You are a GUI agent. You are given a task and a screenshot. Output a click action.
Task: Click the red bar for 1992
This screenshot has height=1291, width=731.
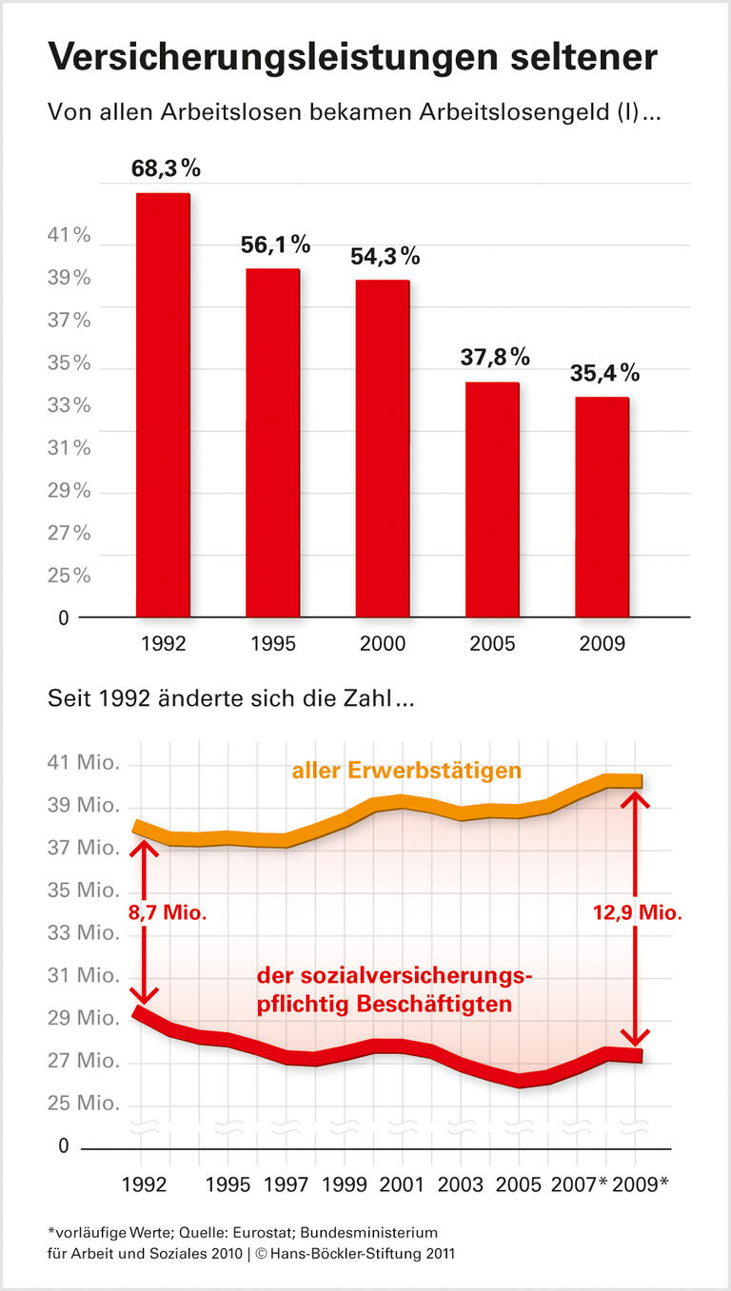tap(163, 405)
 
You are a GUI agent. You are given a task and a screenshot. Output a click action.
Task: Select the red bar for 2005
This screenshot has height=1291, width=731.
tap(492, 499)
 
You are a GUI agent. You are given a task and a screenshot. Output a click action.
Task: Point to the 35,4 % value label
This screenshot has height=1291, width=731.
tap(604, 373)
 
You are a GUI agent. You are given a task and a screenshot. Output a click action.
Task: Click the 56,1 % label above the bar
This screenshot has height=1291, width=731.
tap(275, 245)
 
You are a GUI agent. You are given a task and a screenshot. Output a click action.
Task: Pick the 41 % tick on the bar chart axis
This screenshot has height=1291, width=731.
tap(69, 236)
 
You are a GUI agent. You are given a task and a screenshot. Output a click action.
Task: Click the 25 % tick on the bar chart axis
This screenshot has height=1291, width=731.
tap(69, 576)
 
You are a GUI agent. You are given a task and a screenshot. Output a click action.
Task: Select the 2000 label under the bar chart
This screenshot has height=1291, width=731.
tap(383, 644)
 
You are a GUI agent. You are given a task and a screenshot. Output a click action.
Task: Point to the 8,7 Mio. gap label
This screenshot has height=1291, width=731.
tap(167, 911)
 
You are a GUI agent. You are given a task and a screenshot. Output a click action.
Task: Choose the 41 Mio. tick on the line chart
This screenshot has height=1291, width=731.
tap(84, 763)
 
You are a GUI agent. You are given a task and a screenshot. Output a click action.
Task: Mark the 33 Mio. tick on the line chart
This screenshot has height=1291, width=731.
tap(84, 933)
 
